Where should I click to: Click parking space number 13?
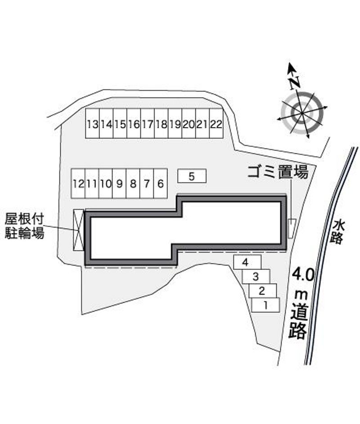[92, 124]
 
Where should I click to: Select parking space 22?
[216, 124]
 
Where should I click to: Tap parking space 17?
[148, 124]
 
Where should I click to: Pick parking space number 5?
[192, 176]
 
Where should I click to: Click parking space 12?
[78, 184]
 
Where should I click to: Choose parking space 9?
[119, 184]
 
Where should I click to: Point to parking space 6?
[161, 184]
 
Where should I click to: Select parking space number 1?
[265, 305]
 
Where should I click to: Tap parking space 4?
[247, 262]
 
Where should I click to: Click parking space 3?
[256, 276]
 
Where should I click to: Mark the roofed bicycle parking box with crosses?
[79, 230]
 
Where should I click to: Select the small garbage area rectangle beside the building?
[292, 229]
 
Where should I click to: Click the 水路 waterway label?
[338, 232]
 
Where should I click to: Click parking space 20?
[189, 124]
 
